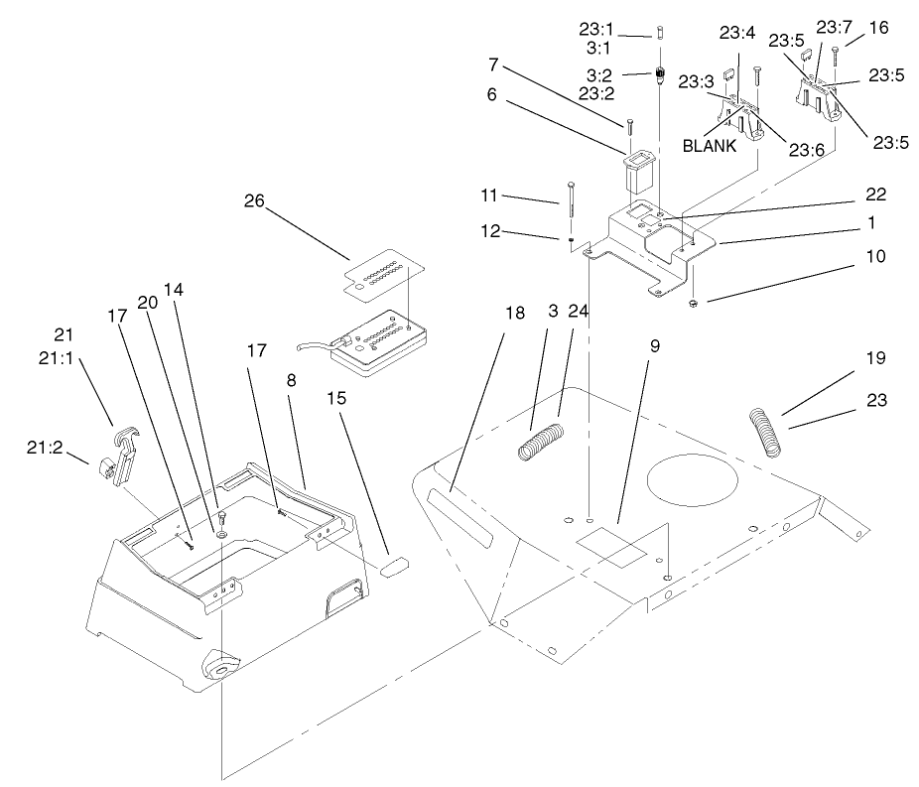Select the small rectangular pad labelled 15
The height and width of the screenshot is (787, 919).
(392, 567)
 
